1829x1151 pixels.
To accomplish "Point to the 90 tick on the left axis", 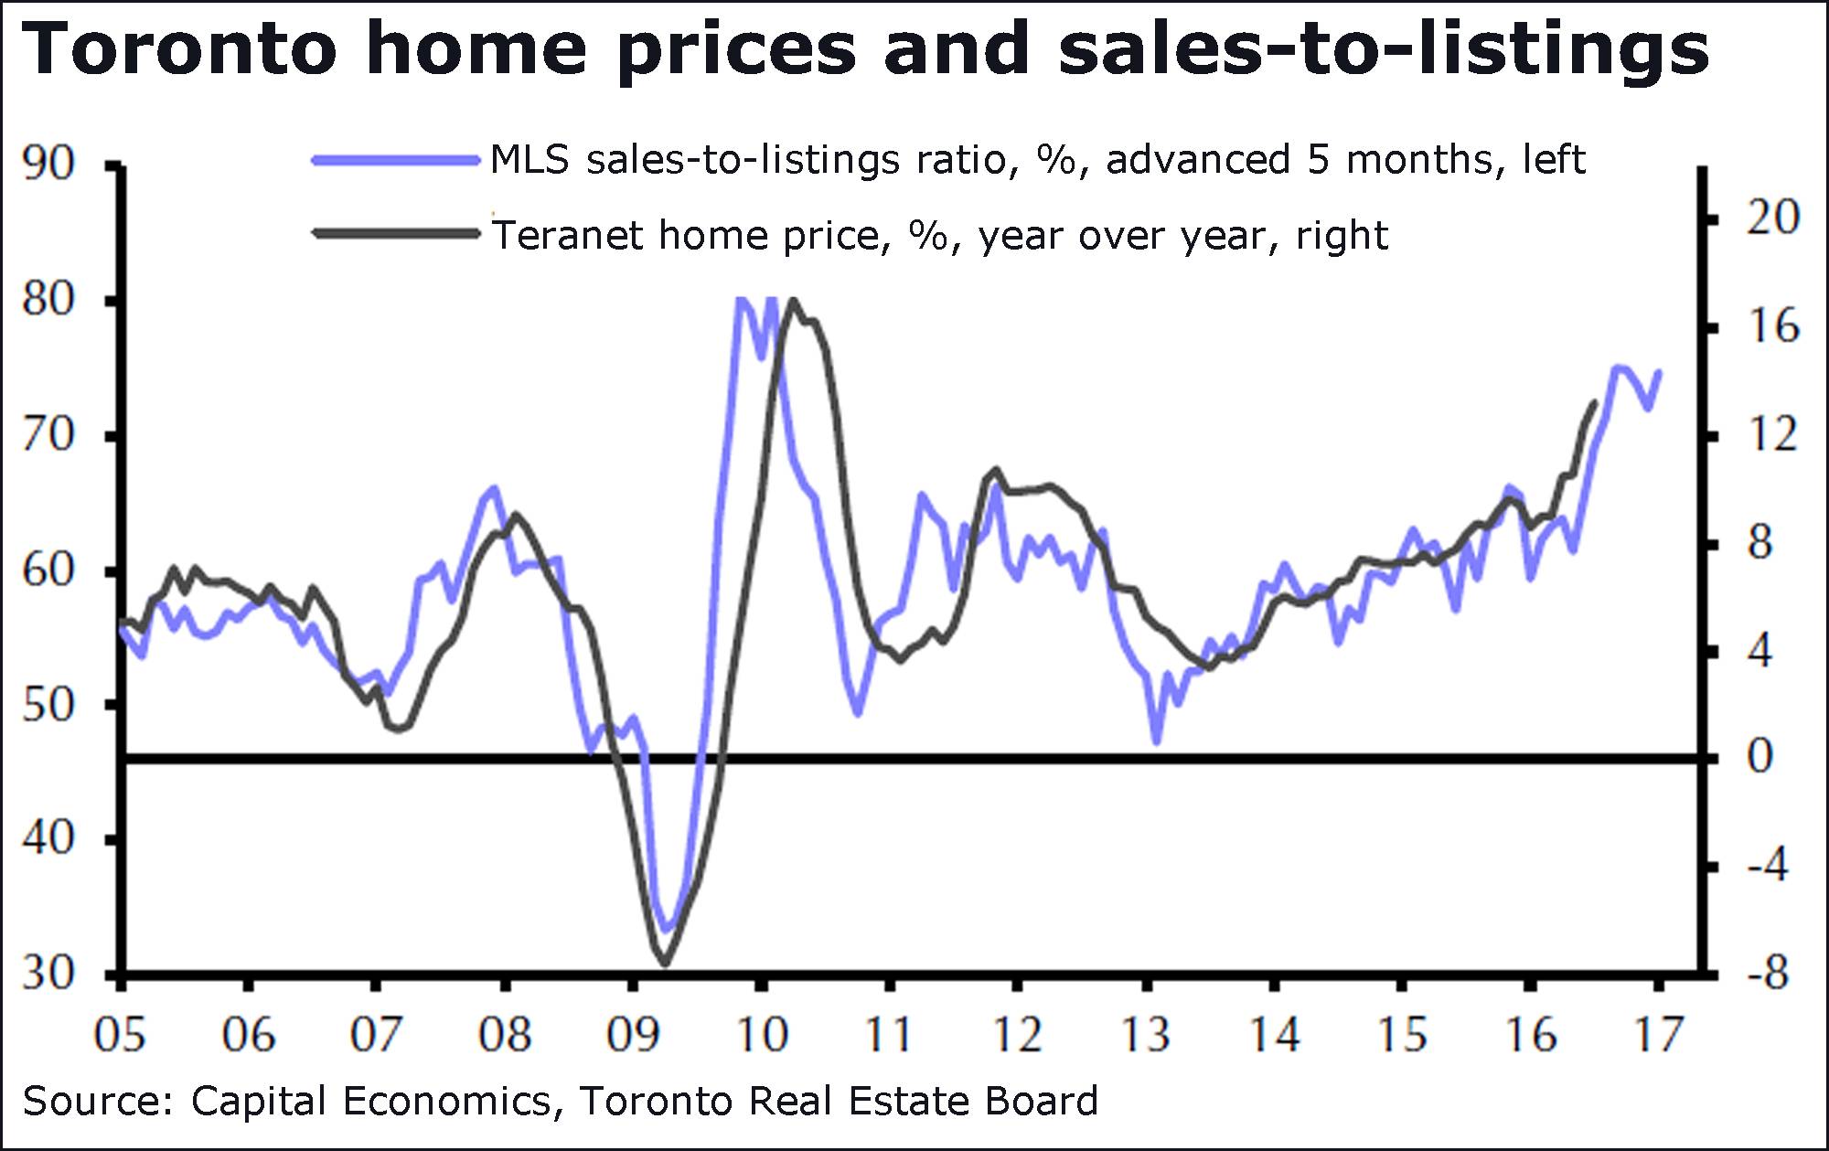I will point(48,165).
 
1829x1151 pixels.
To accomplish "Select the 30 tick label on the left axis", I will point(48,974).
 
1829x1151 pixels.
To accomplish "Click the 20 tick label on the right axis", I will point(1772,218).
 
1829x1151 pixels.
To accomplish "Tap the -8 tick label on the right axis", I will point(1767,974).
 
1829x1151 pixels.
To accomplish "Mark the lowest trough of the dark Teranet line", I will point(665,963).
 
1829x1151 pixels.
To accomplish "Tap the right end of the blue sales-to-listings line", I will point(1659,372).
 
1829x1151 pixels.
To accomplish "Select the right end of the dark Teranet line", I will point(1595,402).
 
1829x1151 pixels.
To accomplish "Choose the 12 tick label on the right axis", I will point(1772,435).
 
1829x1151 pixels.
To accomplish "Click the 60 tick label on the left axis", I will point(48,570).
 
